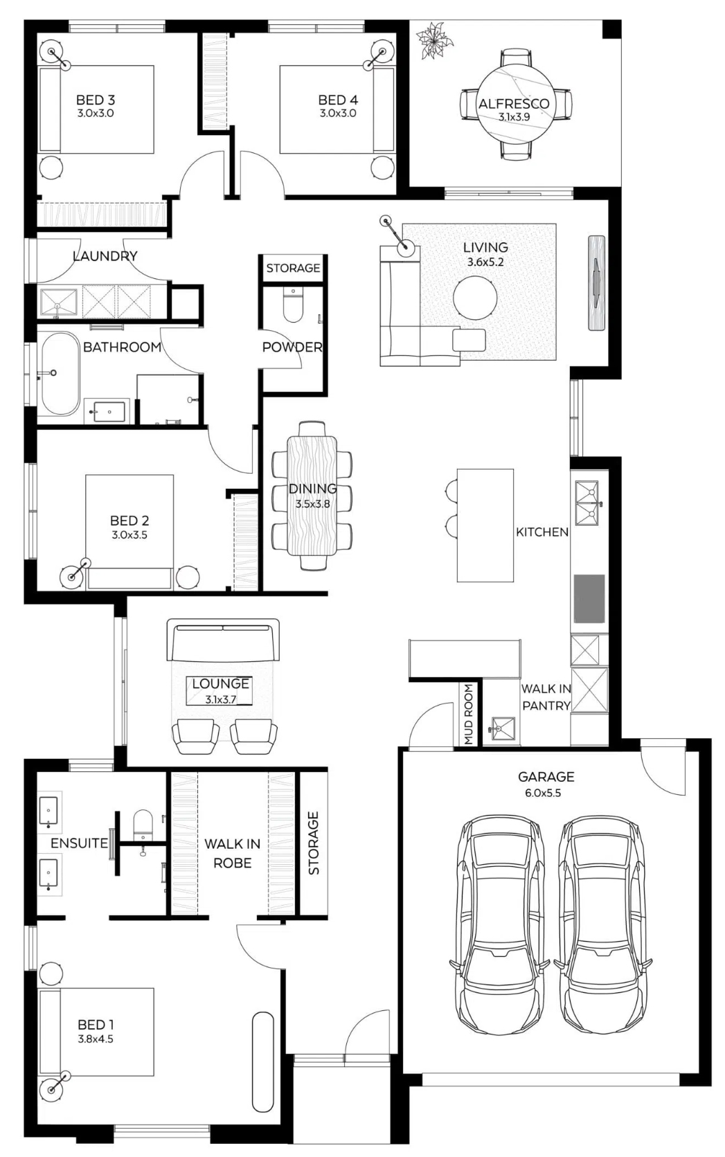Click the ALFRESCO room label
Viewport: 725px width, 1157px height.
tap(513, 104)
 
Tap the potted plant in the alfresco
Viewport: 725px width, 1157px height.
tap(436, 40)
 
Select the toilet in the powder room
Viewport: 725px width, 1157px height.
tap(293, 305)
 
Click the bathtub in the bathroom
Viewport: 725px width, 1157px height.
tap(61, 373)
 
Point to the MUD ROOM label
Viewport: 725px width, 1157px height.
tap(468, 715)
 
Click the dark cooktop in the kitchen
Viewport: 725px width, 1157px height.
tap(589, 599)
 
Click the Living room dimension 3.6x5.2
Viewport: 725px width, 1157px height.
tap(485, 262)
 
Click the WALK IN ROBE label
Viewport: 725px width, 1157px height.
tap(233, 853)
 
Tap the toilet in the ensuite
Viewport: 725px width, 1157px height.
tap(143, 825)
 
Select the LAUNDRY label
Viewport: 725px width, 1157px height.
tap(105, 256)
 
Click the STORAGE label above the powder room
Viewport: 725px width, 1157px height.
tap(294, 268)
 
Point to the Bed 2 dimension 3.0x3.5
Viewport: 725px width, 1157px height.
tap(129, 535)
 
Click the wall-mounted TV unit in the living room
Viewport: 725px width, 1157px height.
tap(596, 282)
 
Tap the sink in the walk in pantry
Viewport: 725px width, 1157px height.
tap(503, 729)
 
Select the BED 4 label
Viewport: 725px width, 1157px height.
tap(338, 100)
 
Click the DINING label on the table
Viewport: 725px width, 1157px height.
tap(312, 489)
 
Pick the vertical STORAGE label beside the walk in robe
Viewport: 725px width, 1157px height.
tap(314, 843)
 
